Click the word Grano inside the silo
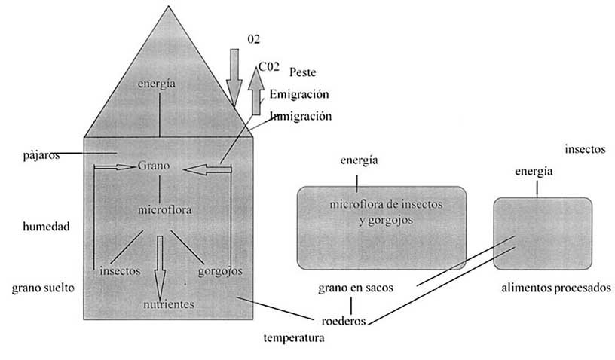coord(155,166)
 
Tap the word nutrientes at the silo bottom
coord(170,304)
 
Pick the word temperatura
coord(294,338)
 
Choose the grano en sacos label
coord(355,288)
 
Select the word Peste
coord(302,72)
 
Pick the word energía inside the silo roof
coord(157,84)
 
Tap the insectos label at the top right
coord(586,149)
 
